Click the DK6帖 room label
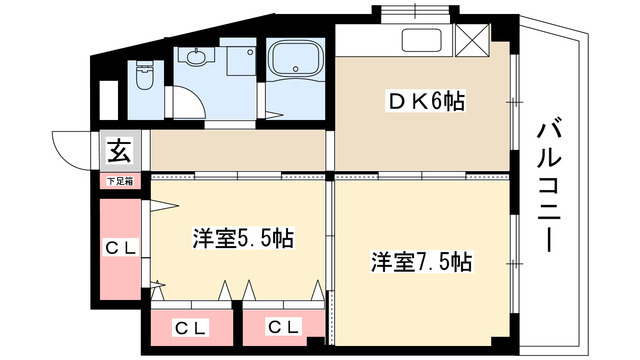tap(426, 101)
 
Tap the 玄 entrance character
tap(118, 153)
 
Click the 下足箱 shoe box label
tap(118, 182)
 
